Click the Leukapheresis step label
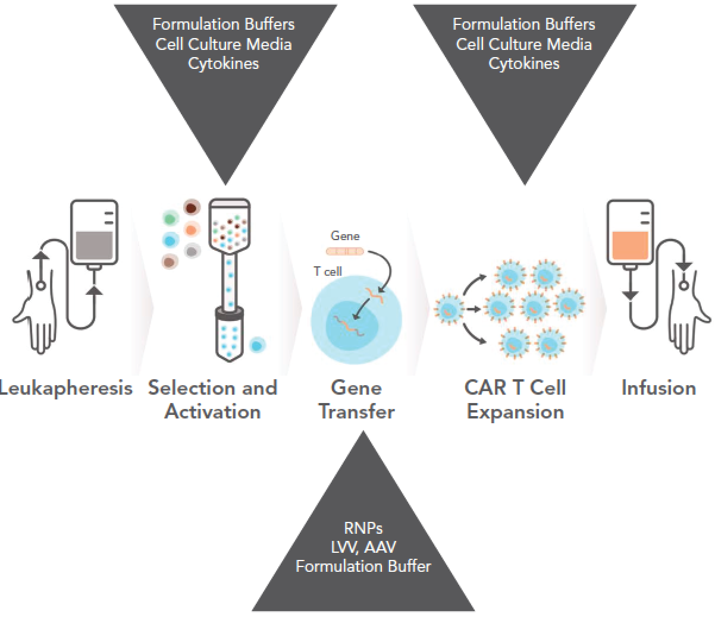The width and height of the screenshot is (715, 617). tap(65, 388)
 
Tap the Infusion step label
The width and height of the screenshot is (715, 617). tap(658, 388)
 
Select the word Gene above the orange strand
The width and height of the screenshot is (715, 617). tap(345, 236)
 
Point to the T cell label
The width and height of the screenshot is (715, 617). tap(328, 271)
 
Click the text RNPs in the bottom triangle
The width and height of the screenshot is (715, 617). tap(363, 528)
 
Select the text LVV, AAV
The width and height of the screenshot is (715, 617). tap(363, 547)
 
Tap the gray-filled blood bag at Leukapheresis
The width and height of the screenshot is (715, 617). tap(94, 245)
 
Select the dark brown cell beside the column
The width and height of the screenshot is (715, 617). tap(191, 208)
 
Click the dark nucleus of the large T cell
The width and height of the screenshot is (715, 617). tap(350, 320)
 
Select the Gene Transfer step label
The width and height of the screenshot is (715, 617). tap(356, 399)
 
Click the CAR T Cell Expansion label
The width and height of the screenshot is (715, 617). tap(515, 399)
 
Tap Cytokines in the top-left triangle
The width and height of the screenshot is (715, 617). tap(224, 64)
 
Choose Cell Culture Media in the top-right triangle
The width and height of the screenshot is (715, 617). tap(524, 44)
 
